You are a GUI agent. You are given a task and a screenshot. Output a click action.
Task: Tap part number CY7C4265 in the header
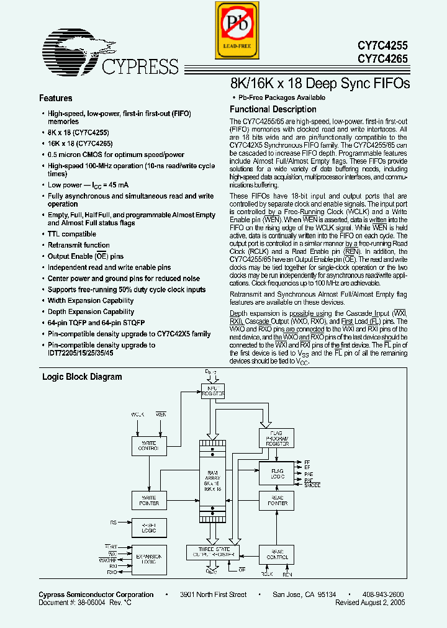[x=382, y=59]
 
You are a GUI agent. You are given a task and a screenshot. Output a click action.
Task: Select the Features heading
[x=56, y=98]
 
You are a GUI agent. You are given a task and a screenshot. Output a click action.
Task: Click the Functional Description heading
[x=264, y=110]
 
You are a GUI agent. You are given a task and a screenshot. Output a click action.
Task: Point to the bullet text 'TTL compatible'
[x=72, y=234]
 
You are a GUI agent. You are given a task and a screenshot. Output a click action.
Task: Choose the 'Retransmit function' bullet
[x=79, y=245]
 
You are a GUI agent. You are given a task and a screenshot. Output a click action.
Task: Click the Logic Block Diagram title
[x=82, y=377]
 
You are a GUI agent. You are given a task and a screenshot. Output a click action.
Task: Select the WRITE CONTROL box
[x=149, y=445]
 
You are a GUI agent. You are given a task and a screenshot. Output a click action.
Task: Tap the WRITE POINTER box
[x=149, y=500]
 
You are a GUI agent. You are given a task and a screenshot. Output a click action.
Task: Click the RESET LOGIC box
[x=149, y=528]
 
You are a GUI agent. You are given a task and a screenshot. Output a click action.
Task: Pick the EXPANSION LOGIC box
[x=149, y=559]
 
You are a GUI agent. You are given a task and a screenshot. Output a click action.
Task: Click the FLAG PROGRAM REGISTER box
[x=277, y=438]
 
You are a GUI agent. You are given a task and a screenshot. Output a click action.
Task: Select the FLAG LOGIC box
[x=277, y=473]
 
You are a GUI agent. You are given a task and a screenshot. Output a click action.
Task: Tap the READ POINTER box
[x=277, y=500]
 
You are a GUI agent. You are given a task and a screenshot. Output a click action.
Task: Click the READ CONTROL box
[x=277, y=554]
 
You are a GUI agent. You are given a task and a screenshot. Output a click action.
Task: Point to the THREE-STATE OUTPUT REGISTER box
[x=212, y=552]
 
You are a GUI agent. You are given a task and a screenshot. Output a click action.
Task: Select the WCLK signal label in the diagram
[x=138, y=414]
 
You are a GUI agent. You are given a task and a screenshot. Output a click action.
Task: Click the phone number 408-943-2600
[x=383, y=594]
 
